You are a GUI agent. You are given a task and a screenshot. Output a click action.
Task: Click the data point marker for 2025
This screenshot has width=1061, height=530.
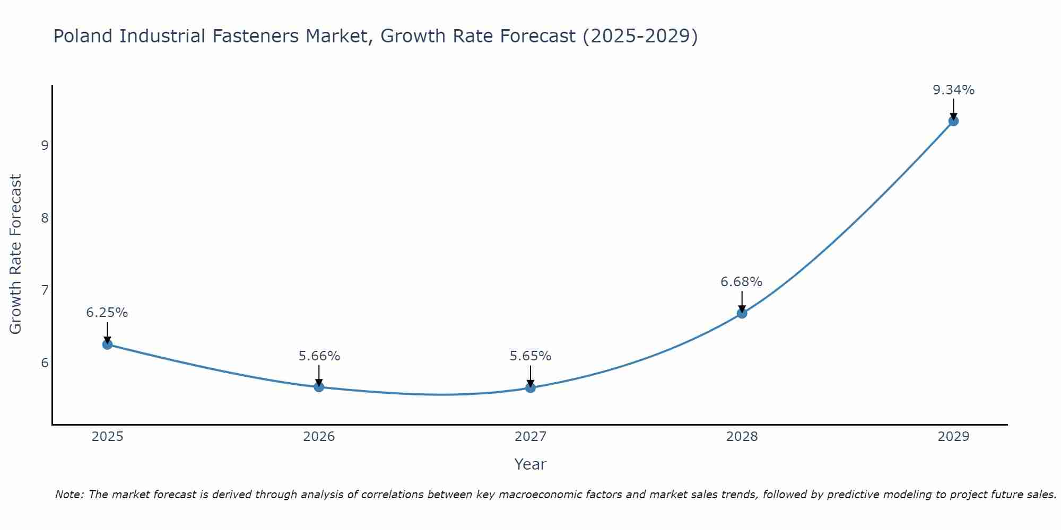coord(107,344)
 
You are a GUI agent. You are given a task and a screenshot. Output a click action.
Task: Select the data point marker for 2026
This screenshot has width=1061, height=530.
coord(319,387)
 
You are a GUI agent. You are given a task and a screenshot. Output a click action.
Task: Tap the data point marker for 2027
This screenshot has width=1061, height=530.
coord(530,387)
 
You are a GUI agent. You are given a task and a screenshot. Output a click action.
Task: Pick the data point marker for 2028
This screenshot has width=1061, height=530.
coord(742,313)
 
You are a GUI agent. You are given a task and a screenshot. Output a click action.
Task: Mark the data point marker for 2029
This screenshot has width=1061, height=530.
coord(953,121)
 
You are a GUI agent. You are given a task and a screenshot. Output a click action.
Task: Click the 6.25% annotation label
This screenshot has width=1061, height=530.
coord(107,313)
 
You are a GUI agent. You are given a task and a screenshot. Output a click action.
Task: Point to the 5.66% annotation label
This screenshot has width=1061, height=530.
coord(319,356)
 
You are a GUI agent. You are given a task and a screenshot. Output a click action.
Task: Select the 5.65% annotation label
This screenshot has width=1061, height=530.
coord(530,356)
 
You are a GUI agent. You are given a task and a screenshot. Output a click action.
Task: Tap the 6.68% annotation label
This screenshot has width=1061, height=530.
coord(742,282)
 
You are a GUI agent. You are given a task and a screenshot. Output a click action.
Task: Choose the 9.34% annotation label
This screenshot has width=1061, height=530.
coord(953,90)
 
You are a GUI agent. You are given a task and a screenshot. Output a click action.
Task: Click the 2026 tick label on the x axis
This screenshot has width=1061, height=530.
coord(319,437)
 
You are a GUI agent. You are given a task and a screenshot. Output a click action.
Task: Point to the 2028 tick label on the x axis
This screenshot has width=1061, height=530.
coord(742,437)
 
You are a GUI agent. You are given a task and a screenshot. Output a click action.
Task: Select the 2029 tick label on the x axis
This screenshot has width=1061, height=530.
coord(953,437)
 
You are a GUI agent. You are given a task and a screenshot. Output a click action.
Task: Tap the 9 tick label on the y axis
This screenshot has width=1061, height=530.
coord(45,145)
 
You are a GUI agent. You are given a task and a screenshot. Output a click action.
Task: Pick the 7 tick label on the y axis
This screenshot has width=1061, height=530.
coord(45,290)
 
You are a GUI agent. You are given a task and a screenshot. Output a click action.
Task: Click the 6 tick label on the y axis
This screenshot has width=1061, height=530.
coord(45,363)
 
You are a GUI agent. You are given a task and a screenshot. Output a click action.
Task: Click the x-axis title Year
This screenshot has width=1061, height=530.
coord(530,464)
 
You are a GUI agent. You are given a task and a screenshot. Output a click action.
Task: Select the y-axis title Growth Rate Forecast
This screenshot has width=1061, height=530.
coord(16,254)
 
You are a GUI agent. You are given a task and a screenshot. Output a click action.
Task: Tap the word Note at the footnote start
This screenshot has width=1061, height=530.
coord(69,494)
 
